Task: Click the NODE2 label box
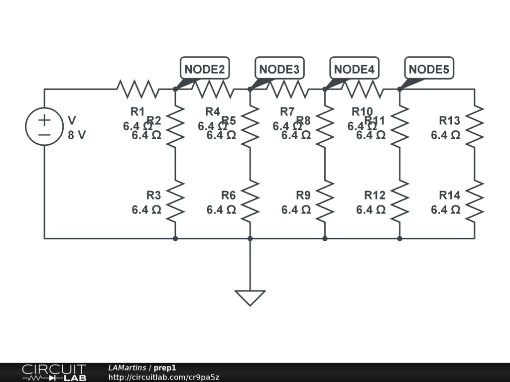coord(204,69)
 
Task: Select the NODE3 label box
coord(279,69)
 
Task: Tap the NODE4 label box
coord(354,69)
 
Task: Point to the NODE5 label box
coord(429,69)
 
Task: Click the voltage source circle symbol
coord(44,127)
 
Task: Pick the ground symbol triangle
coord(250,297)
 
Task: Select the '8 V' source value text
coord(77,135)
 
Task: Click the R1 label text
coord(137,111)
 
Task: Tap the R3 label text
coord(153,195)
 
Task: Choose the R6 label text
coord(228,195)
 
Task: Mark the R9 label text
coord(303,195)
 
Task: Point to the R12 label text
coord(375,195)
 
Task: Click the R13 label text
coord(449,120)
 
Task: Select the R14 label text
coord(449,195)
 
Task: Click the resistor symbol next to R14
coord(475,201)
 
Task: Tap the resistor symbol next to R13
coord(475,126)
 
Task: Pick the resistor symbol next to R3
coord(175,201)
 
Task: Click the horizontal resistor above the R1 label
coord(137,90)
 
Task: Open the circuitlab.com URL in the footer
coord(164,377)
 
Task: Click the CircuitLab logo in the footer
coord(54,373)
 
